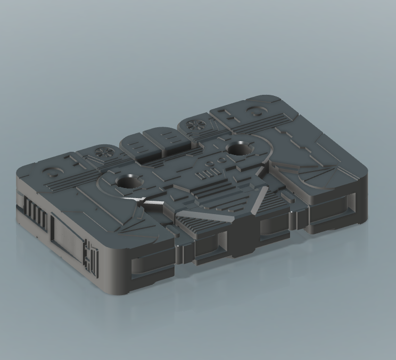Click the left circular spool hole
tap(129, 182)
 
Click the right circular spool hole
tap(241, 148)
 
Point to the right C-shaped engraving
tap(257, 111)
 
